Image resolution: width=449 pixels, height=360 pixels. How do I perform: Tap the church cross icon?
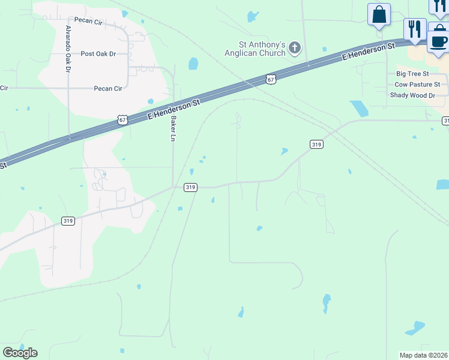[x=295, y=47]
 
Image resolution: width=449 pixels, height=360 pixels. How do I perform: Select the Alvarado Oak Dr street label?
[x=68, y=50]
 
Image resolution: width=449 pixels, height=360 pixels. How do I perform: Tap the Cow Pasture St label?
[x=417, y=85]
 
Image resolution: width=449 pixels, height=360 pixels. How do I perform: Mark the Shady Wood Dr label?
[x=412, y=95]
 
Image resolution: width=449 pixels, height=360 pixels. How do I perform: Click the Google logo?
[x=20, y=352]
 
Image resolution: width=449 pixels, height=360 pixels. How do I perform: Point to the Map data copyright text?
[x=424, y=355]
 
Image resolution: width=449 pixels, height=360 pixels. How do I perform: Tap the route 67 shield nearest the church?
[x=271, y=79]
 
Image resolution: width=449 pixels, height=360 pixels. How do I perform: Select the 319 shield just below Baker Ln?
[x=190, y=188]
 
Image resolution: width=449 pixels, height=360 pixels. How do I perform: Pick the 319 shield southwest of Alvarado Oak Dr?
[x=68, y=221]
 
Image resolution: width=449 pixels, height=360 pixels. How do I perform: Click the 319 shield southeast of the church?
[x=316, y=144]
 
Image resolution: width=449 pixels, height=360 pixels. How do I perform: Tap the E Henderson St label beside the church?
[x=369, y=51]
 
